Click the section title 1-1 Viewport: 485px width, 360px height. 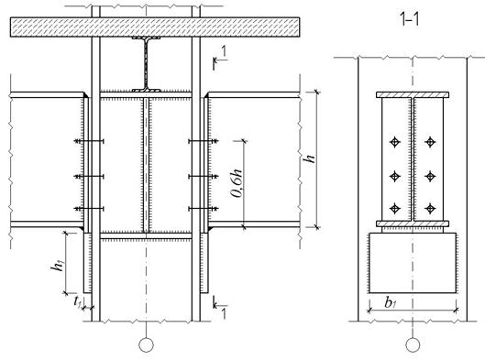410,19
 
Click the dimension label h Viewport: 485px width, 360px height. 309,158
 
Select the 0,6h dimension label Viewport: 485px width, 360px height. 237,183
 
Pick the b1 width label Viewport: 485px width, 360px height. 391,303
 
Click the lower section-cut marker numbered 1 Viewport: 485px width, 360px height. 220,308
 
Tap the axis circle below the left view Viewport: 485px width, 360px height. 147,344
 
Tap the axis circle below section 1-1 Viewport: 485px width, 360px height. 413,344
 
